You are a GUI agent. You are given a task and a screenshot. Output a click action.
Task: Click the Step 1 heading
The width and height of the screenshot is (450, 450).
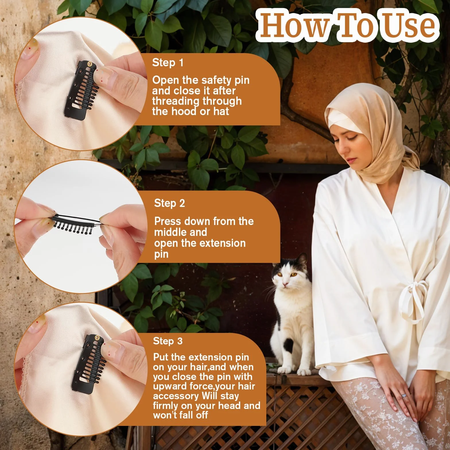click(168, 63)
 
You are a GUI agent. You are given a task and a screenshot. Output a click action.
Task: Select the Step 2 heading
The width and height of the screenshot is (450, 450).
click(169, 203)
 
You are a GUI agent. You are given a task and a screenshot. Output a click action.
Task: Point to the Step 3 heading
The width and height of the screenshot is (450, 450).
click(168, 341)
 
